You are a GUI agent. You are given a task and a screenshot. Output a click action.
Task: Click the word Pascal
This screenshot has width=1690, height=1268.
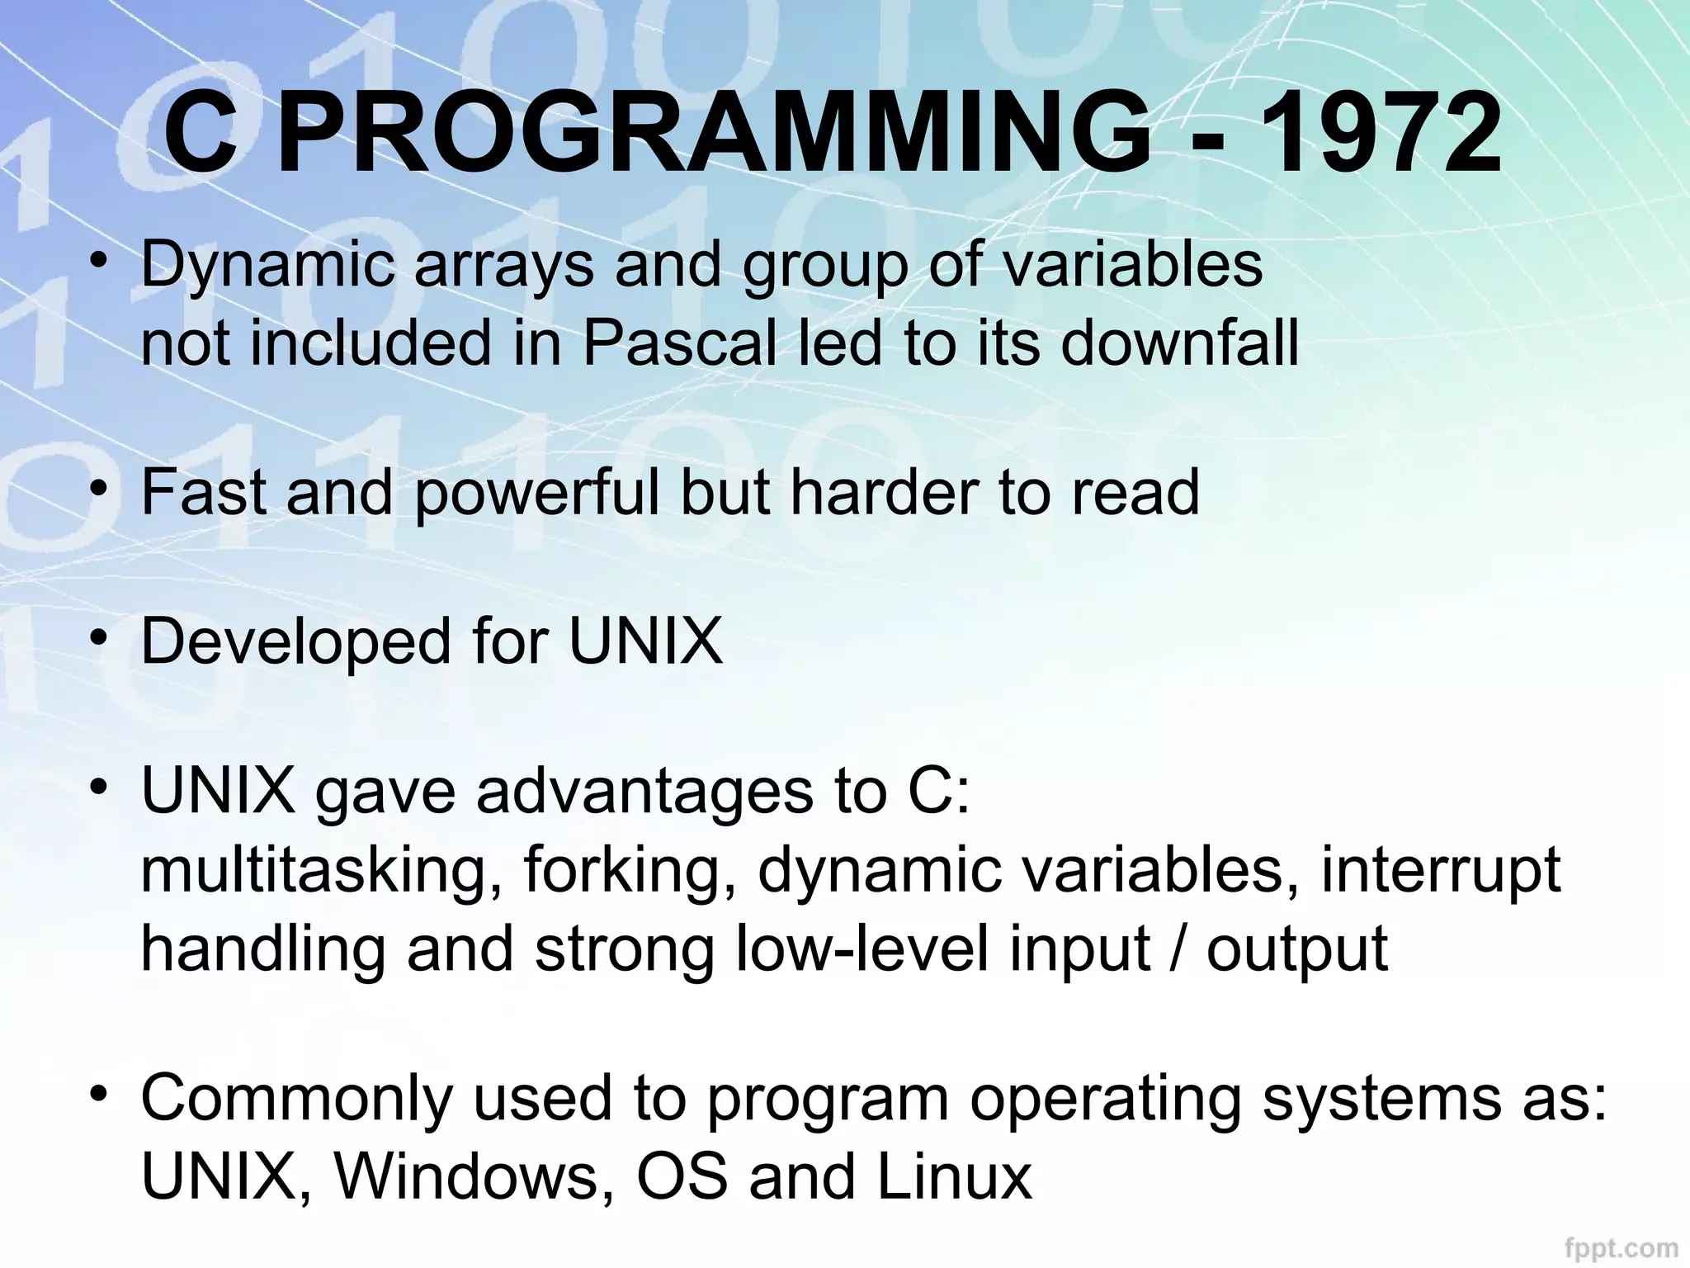click(x=680, y=343)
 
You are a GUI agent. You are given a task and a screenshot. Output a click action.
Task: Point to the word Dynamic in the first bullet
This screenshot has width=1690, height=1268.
click(x=267, y=266)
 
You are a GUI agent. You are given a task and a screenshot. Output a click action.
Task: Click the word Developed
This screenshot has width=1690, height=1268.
click(x=295, y=642)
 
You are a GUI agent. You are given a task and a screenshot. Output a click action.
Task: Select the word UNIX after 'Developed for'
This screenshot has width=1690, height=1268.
click(x=646, y=642)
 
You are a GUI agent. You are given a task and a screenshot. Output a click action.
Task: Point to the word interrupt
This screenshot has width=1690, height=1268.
click(x=1440, y=871)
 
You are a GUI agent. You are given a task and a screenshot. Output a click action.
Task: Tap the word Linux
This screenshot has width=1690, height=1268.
click(x=953, y=1177)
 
